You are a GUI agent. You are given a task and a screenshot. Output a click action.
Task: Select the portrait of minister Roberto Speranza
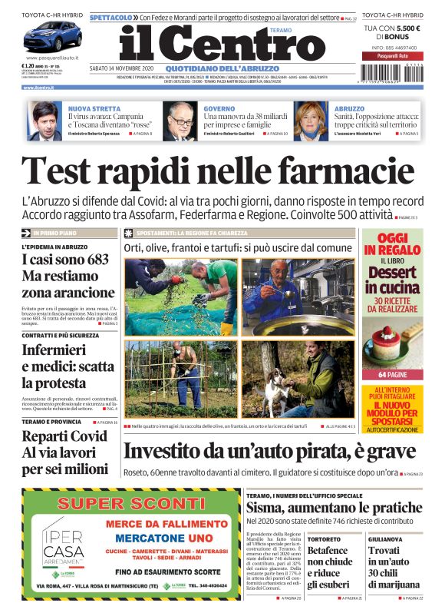tap(46, 121)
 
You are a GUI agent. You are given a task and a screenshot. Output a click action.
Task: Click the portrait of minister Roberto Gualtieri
tap(179, 121)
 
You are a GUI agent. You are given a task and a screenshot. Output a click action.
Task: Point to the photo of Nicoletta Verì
tap(311, 121)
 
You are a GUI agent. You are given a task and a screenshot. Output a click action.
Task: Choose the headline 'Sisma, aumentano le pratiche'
tap(334, 508)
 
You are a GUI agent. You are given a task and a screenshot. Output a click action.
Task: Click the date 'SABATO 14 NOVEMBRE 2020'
tap(122, 68)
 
